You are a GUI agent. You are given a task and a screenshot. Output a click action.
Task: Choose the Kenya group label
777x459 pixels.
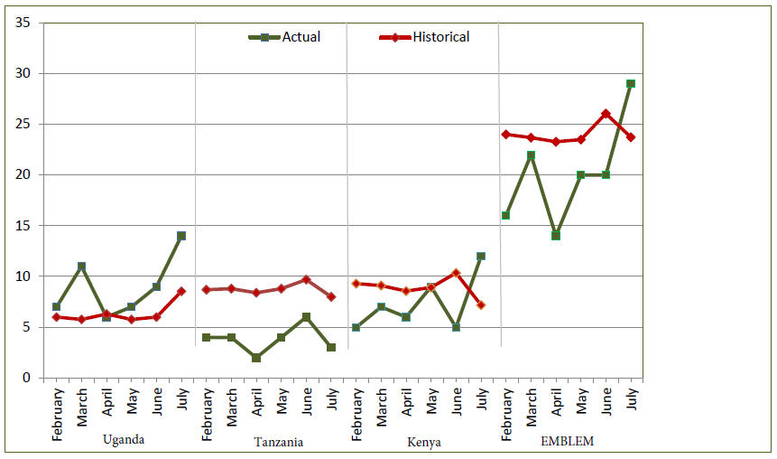(423, 442)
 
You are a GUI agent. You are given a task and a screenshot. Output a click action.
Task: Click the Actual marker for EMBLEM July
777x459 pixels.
(631, 83)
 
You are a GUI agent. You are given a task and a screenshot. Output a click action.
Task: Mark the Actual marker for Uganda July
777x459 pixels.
(181, 236)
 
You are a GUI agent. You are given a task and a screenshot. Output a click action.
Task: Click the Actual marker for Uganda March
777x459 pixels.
(81, 267)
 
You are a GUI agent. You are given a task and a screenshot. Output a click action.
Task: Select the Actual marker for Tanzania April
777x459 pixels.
(256, 358)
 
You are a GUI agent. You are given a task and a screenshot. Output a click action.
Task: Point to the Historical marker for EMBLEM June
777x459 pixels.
(606, 114)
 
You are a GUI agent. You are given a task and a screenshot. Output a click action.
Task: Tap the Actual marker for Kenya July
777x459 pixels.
(481, 256)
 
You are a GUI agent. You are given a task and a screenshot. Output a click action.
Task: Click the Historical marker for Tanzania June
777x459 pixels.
(307, 279)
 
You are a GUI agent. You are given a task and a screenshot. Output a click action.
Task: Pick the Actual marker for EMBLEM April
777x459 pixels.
(556, 236)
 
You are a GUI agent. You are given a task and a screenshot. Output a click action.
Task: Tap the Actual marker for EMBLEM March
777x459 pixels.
(531, 155)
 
